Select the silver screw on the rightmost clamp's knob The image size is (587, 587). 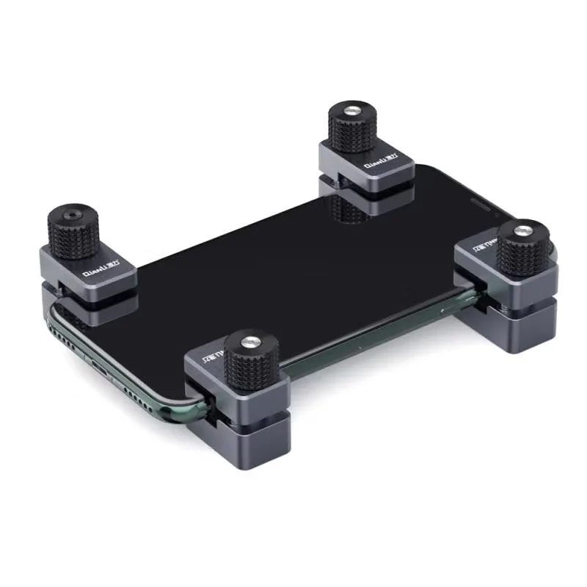tap(520, 232)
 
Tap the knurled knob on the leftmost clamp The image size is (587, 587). tap(73, 233)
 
